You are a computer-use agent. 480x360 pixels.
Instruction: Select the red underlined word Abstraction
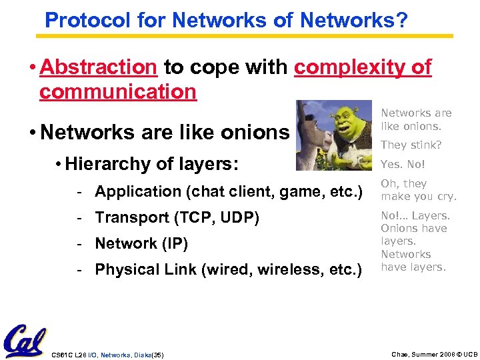click(98, 67)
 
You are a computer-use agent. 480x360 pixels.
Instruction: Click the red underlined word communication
click(118, 91)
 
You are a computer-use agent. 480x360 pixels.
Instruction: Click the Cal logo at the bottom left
click(25, 341)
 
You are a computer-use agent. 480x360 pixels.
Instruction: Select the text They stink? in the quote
click(411, 145)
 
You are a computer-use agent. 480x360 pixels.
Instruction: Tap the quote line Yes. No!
click(402, 164)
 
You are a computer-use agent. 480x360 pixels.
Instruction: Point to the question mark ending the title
click(401, 19)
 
